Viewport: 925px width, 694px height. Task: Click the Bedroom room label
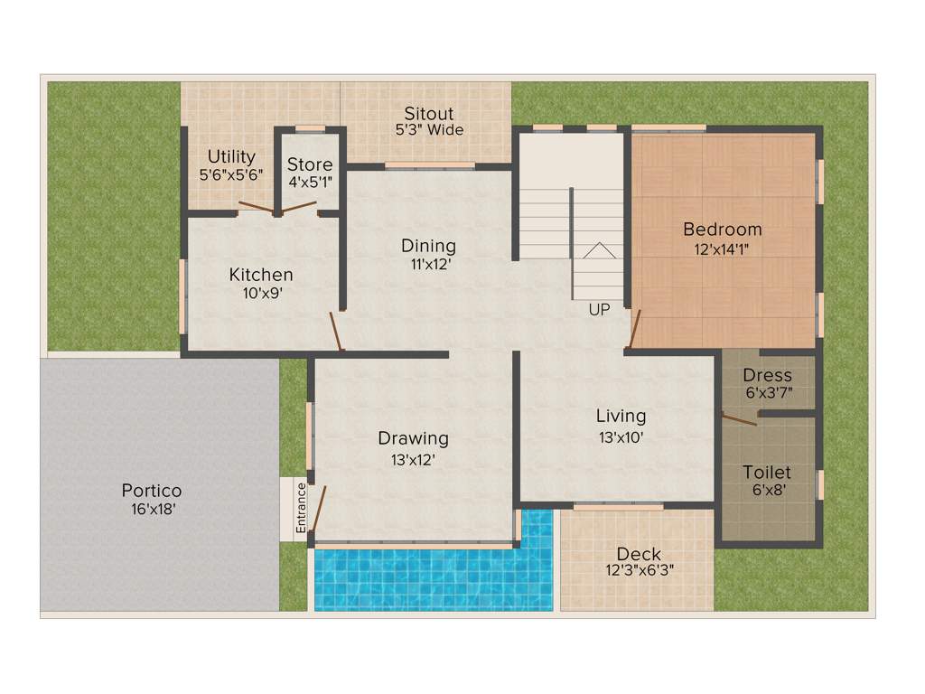pyautogui.click(x=722, y=230)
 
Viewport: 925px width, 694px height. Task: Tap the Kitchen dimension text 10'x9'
pyautogui.click(x=261, y=292)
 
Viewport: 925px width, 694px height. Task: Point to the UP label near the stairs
pyautogui.click(x=599, y=310)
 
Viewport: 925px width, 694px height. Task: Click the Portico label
pyautogui.click(x=152, y=491)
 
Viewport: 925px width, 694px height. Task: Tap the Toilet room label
pyautogui.click(x=767, y=473)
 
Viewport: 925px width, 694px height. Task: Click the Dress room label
pyautogui.click(x=767, y=375)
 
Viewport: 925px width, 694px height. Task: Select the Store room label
pyautogui.click(x=310, y=164)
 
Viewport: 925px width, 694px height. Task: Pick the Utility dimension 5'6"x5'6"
pyautogui.click(x=231, y=174)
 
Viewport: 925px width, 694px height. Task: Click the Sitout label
pyautogui.click(x=429, y=114)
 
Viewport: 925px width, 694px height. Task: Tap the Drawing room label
pyautogui.click(x=413, y=438)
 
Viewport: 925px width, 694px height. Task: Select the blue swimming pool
pyautogui.click(x=434, y=578)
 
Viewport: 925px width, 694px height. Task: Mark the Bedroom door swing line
pyautogui.click(x=635, y=329)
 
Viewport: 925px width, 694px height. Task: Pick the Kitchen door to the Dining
pyautogui.click(x=338, y=332)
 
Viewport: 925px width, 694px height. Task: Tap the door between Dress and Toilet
pyautogui.click(x=740, y=418)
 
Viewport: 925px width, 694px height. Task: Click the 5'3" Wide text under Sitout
pyautogui.click(x=429, y=130)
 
